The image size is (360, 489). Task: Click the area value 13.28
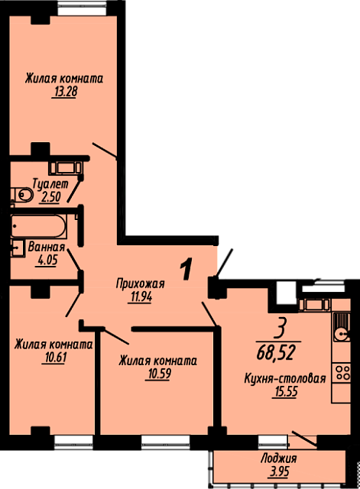(65, 92)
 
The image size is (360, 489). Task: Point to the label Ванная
(46, 247)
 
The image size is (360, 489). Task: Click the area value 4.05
(47, 259)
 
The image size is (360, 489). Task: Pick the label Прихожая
(140, 283)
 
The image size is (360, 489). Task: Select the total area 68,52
(275, 353)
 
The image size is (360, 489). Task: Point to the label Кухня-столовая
(285, 378)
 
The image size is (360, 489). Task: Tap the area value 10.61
(54, 357)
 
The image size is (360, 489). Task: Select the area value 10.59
(157, 374)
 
